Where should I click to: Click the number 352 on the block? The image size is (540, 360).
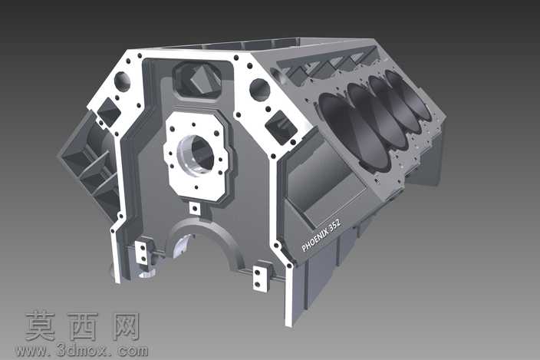click(334, 225)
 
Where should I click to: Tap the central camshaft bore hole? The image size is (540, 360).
click(197, 155)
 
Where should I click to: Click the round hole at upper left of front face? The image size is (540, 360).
click(122, 81)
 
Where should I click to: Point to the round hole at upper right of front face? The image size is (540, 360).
click(260, 90)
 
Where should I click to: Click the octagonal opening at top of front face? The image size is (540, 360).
click(198, 80)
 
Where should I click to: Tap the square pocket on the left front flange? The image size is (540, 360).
click(109, 111)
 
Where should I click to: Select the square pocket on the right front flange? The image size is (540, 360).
click(281, 127)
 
